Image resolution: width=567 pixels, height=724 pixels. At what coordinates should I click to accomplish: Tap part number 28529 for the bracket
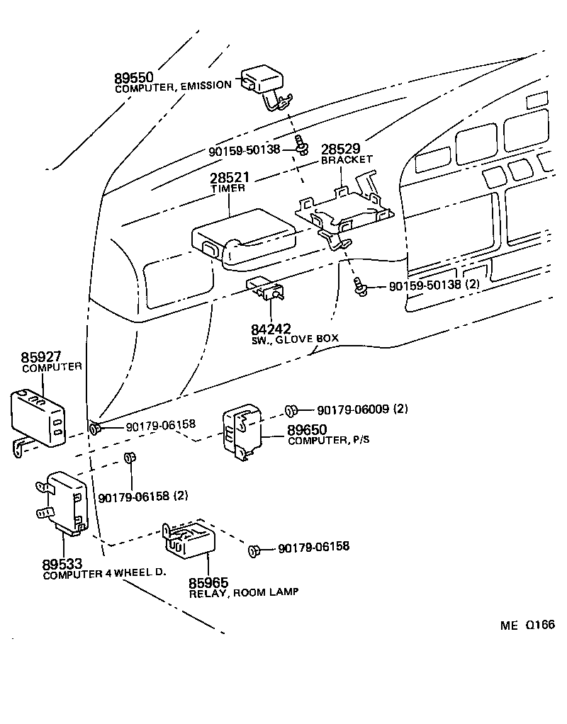click(x=341, y=149)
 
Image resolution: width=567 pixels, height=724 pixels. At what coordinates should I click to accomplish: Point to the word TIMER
click(x=228, y=188)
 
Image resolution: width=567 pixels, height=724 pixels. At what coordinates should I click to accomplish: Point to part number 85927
click(x=43, y=356)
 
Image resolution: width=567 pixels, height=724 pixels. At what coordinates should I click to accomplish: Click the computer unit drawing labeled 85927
click(x=38, y=419)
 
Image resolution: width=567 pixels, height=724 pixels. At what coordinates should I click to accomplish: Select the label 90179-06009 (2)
click(x=362, y=409)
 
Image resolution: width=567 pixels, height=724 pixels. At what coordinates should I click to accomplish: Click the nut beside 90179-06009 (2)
click(x=291, y=409)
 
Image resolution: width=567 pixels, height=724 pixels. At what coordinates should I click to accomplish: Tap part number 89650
click(x=307, y=429)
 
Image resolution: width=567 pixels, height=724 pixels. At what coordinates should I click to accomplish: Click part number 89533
click(x=62, y=564)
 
